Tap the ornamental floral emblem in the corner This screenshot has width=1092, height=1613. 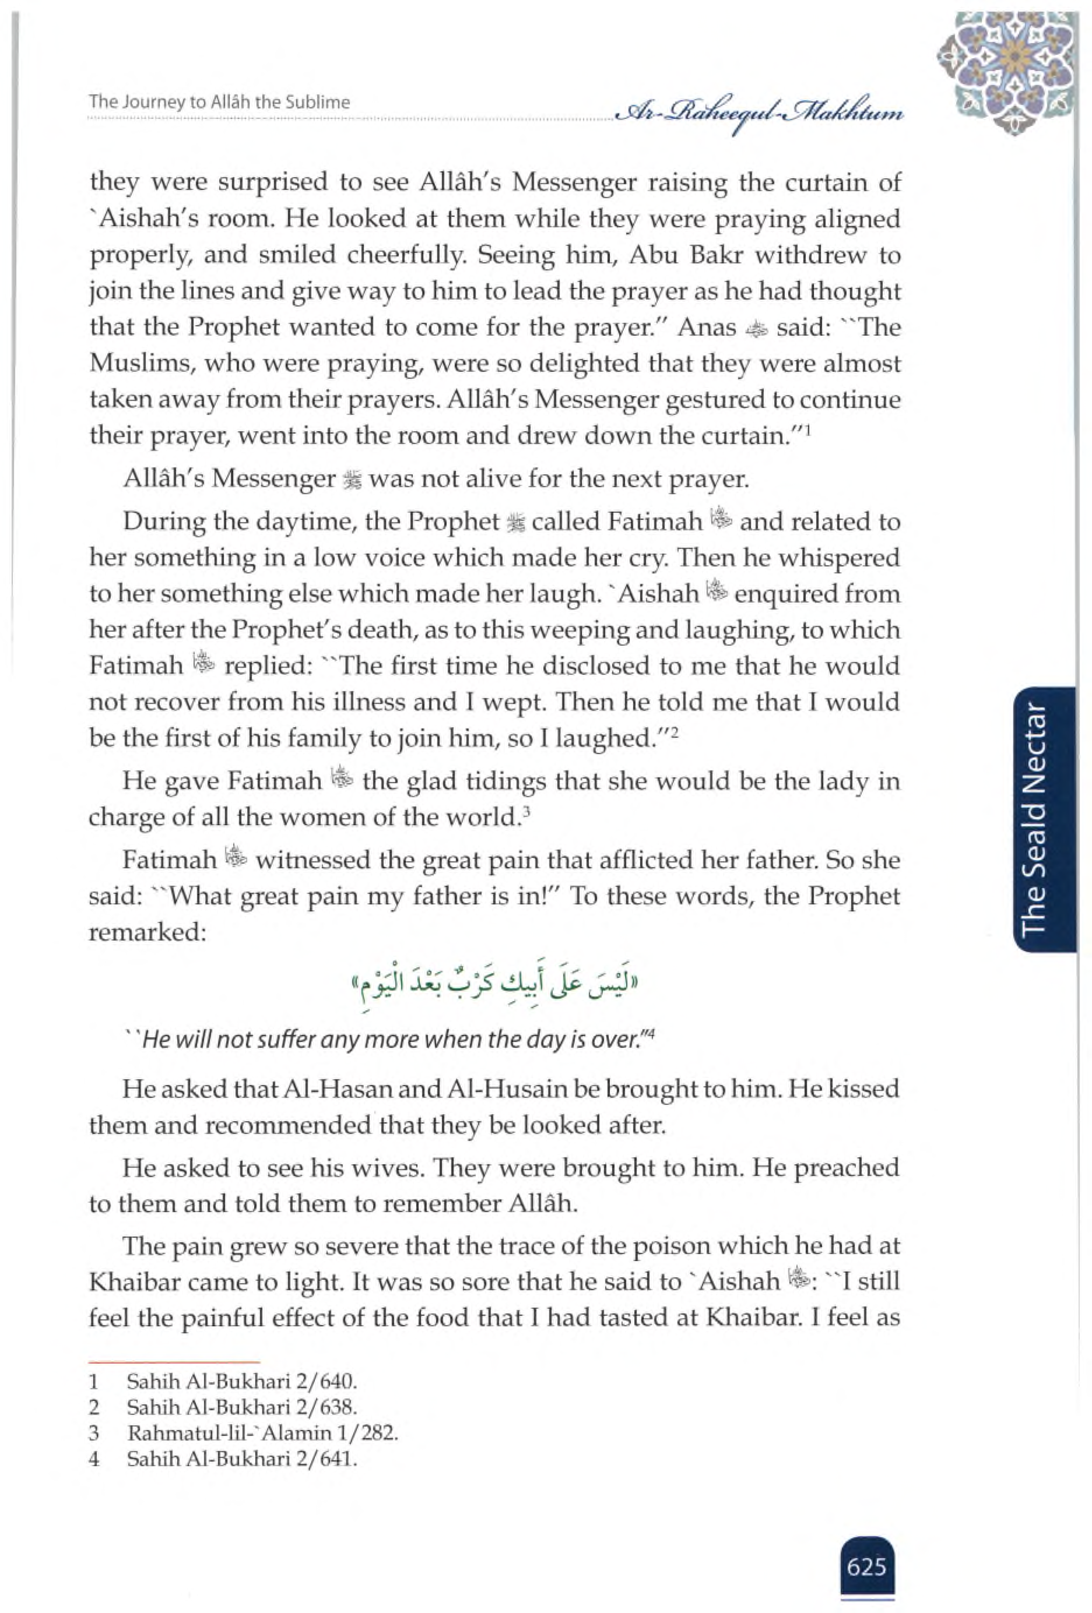[x=1007, y=73]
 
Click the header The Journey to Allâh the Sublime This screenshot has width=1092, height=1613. [x=219, y=102]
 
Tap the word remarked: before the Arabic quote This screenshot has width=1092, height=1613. [x=148, y=932]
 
